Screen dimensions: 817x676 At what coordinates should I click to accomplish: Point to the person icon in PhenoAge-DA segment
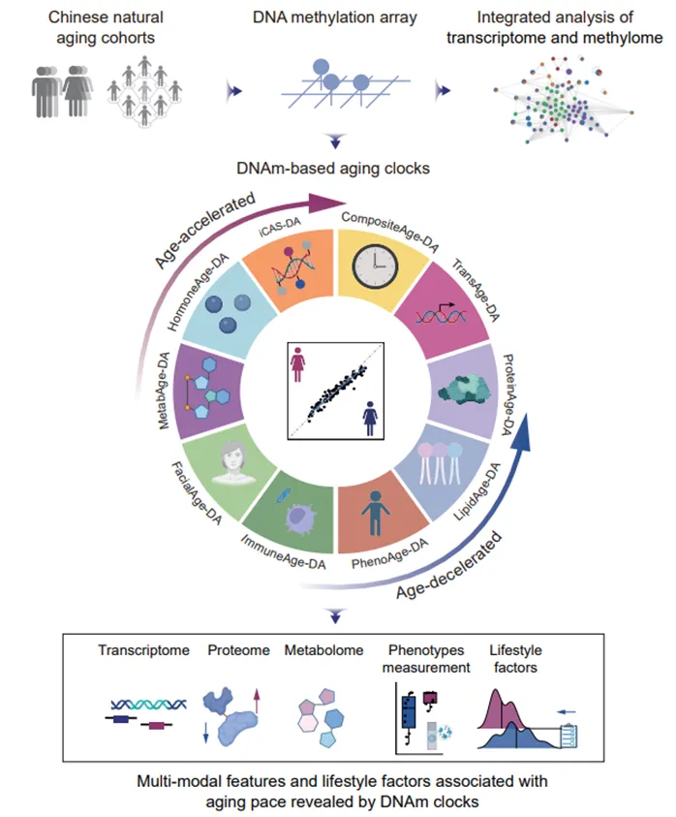pos(373,515)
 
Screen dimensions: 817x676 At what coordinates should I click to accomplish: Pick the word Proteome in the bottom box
pos(238,651)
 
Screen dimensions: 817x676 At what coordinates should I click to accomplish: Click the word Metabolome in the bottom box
pos(323,651)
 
